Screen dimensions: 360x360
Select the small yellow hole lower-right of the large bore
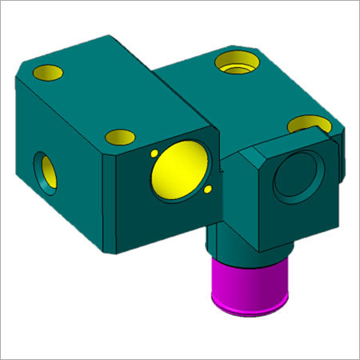pyautogui.click(x=207, y=190)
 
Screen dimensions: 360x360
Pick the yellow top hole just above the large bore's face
pyautogui.click(x=119, y=135)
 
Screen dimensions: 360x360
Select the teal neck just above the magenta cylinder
pyautogui.click(x=240, y=240)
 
